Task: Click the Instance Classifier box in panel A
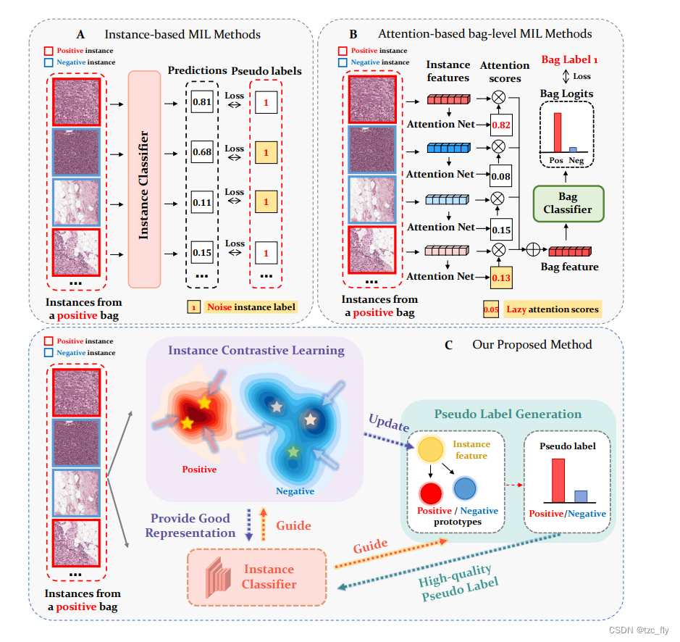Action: [143, 178]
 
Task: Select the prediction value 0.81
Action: [202, 102]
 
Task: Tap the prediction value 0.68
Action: [202, 152]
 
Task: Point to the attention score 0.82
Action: [500, 125]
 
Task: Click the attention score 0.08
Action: [500, 176]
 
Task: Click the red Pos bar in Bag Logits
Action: [557, 131]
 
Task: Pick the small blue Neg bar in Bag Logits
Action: [572, 149]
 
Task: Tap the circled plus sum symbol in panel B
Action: [533, 251]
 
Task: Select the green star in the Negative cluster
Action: [293, 451]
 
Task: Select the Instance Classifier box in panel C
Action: [258, 577]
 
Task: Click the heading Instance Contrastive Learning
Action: [256, 351]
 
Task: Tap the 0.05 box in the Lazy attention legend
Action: [490, 309]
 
